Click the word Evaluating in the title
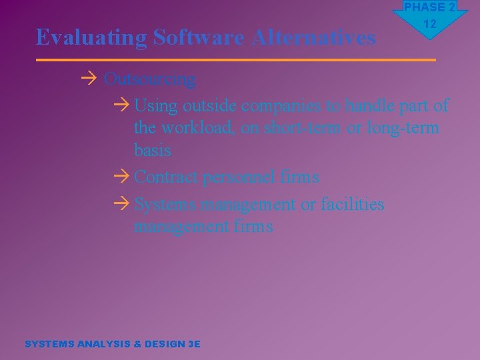[x=91, y=38]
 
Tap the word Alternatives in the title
[x=313, y=38]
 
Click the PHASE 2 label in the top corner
[x=430, y=7]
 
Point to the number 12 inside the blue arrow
[x=430, y=24]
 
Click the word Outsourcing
[x=150, y=79]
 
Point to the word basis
[x=152, y=151]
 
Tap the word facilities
[x=352, y=204]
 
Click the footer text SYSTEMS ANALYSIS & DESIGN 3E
[x=112, y=344]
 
